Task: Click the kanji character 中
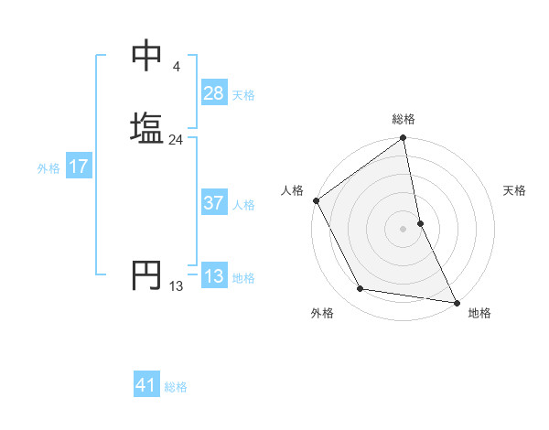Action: [146, 58]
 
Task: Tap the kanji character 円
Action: [146, 275]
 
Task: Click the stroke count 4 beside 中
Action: [176, 67]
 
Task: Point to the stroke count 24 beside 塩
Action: [176, 140]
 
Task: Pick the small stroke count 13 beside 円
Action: [176, 286]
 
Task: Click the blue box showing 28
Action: [214, 93]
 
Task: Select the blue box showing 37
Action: [214, 203]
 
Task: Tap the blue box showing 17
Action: [78, 167]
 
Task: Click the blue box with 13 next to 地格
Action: [214, 276]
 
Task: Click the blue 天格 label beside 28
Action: [243, 94]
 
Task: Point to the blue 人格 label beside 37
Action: [243, 204]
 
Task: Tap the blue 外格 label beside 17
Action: [48, 168]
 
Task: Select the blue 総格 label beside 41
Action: [176, 386]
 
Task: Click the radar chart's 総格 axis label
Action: [404, 119]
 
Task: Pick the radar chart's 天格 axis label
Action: [515, 190]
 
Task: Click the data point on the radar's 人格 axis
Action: [316, 200]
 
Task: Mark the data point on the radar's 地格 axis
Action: [457, 302]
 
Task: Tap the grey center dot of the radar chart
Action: [404, 229]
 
